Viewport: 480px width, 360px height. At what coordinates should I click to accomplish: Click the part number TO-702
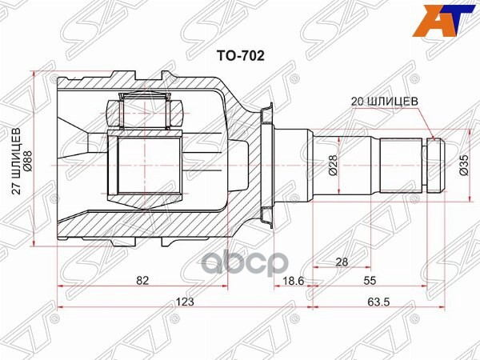(x=241, y=56)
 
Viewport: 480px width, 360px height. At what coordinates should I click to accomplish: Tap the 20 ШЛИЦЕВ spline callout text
(x=384, y=102)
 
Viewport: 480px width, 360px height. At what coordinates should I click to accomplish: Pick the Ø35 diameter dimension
(x=463, y=165)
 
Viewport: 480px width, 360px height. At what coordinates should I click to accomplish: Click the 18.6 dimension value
(x=294, y=282)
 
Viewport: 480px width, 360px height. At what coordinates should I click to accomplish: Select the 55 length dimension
(x=370, y=282)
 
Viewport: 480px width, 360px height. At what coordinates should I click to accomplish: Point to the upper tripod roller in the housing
(x=145, y=109)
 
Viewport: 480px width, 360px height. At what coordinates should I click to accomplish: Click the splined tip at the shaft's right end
(x=434, y=166)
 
